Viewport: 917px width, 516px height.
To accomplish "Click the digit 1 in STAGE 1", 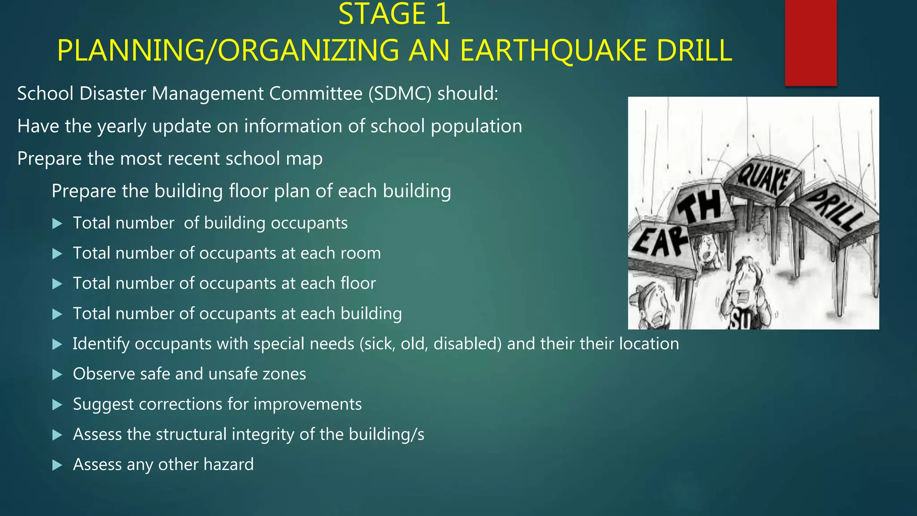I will tap(442, 14).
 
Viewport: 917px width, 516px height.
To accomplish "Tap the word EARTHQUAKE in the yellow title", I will tap(553, 50).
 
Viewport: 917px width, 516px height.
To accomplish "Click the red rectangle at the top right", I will tap(810, 43).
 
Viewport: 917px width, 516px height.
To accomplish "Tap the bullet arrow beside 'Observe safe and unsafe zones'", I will tap(57, 374).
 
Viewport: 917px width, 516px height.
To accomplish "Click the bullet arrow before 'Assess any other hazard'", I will tap(57, 465).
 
